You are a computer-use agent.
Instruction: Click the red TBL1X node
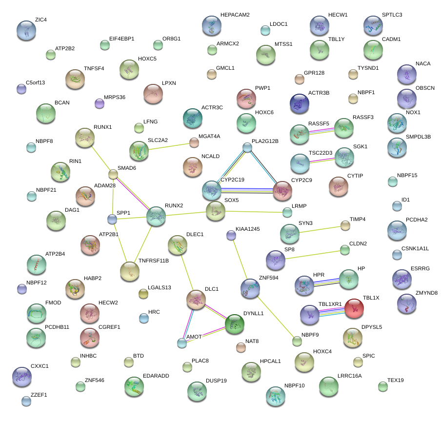[354, 308]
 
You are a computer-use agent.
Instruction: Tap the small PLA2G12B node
[247, 148]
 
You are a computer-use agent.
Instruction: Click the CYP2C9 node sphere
[282, 191]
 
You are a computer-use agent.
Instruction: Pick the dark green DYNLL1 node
[234, 324]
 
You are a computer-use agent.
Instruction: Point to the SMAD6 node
[113, 174]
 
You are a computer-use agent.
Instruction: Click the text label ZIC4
[41, 20]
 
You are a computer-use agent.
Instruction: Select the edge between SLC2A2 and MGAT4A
[168, 146]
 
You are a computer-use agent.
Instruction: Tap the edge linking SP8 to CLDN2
[312, 255]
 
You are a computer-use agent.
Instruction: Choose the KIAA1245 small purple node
[231, 236]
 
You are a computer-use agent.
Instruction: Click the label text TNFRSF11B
[154, 261]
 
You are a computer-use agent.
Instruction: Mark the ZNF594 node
[250, 288]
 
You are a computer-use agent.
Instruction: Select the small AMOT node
[182, 342]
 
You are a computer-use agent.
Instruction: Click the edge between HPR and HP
[329, 282]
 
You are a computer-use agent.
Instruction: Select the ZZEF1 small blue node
[26, 401]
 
